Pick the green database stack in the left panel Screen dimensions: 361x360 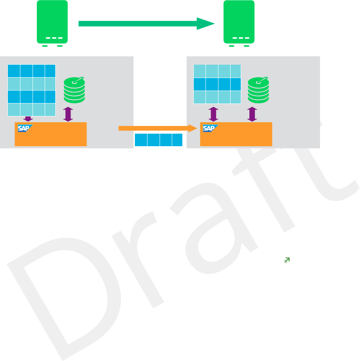tap(74, 91)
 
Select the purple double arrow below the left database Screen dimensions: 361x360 tap(68, 114)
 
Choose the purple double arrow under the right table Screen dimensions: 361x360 tap(213, 114)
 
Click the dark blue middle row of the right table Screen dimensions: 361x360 tap(217, 84)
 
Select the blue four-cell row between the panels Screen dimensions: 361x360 tap(158, 140)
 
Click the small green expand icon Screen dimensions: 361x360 tap(287, 260)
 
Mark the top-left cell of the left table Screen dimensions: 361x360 tap(14, 71)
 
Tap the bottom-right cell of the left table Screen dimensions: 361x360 tap(50, 109)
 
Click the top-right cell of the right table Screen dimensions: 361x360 tap(236, 71)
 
